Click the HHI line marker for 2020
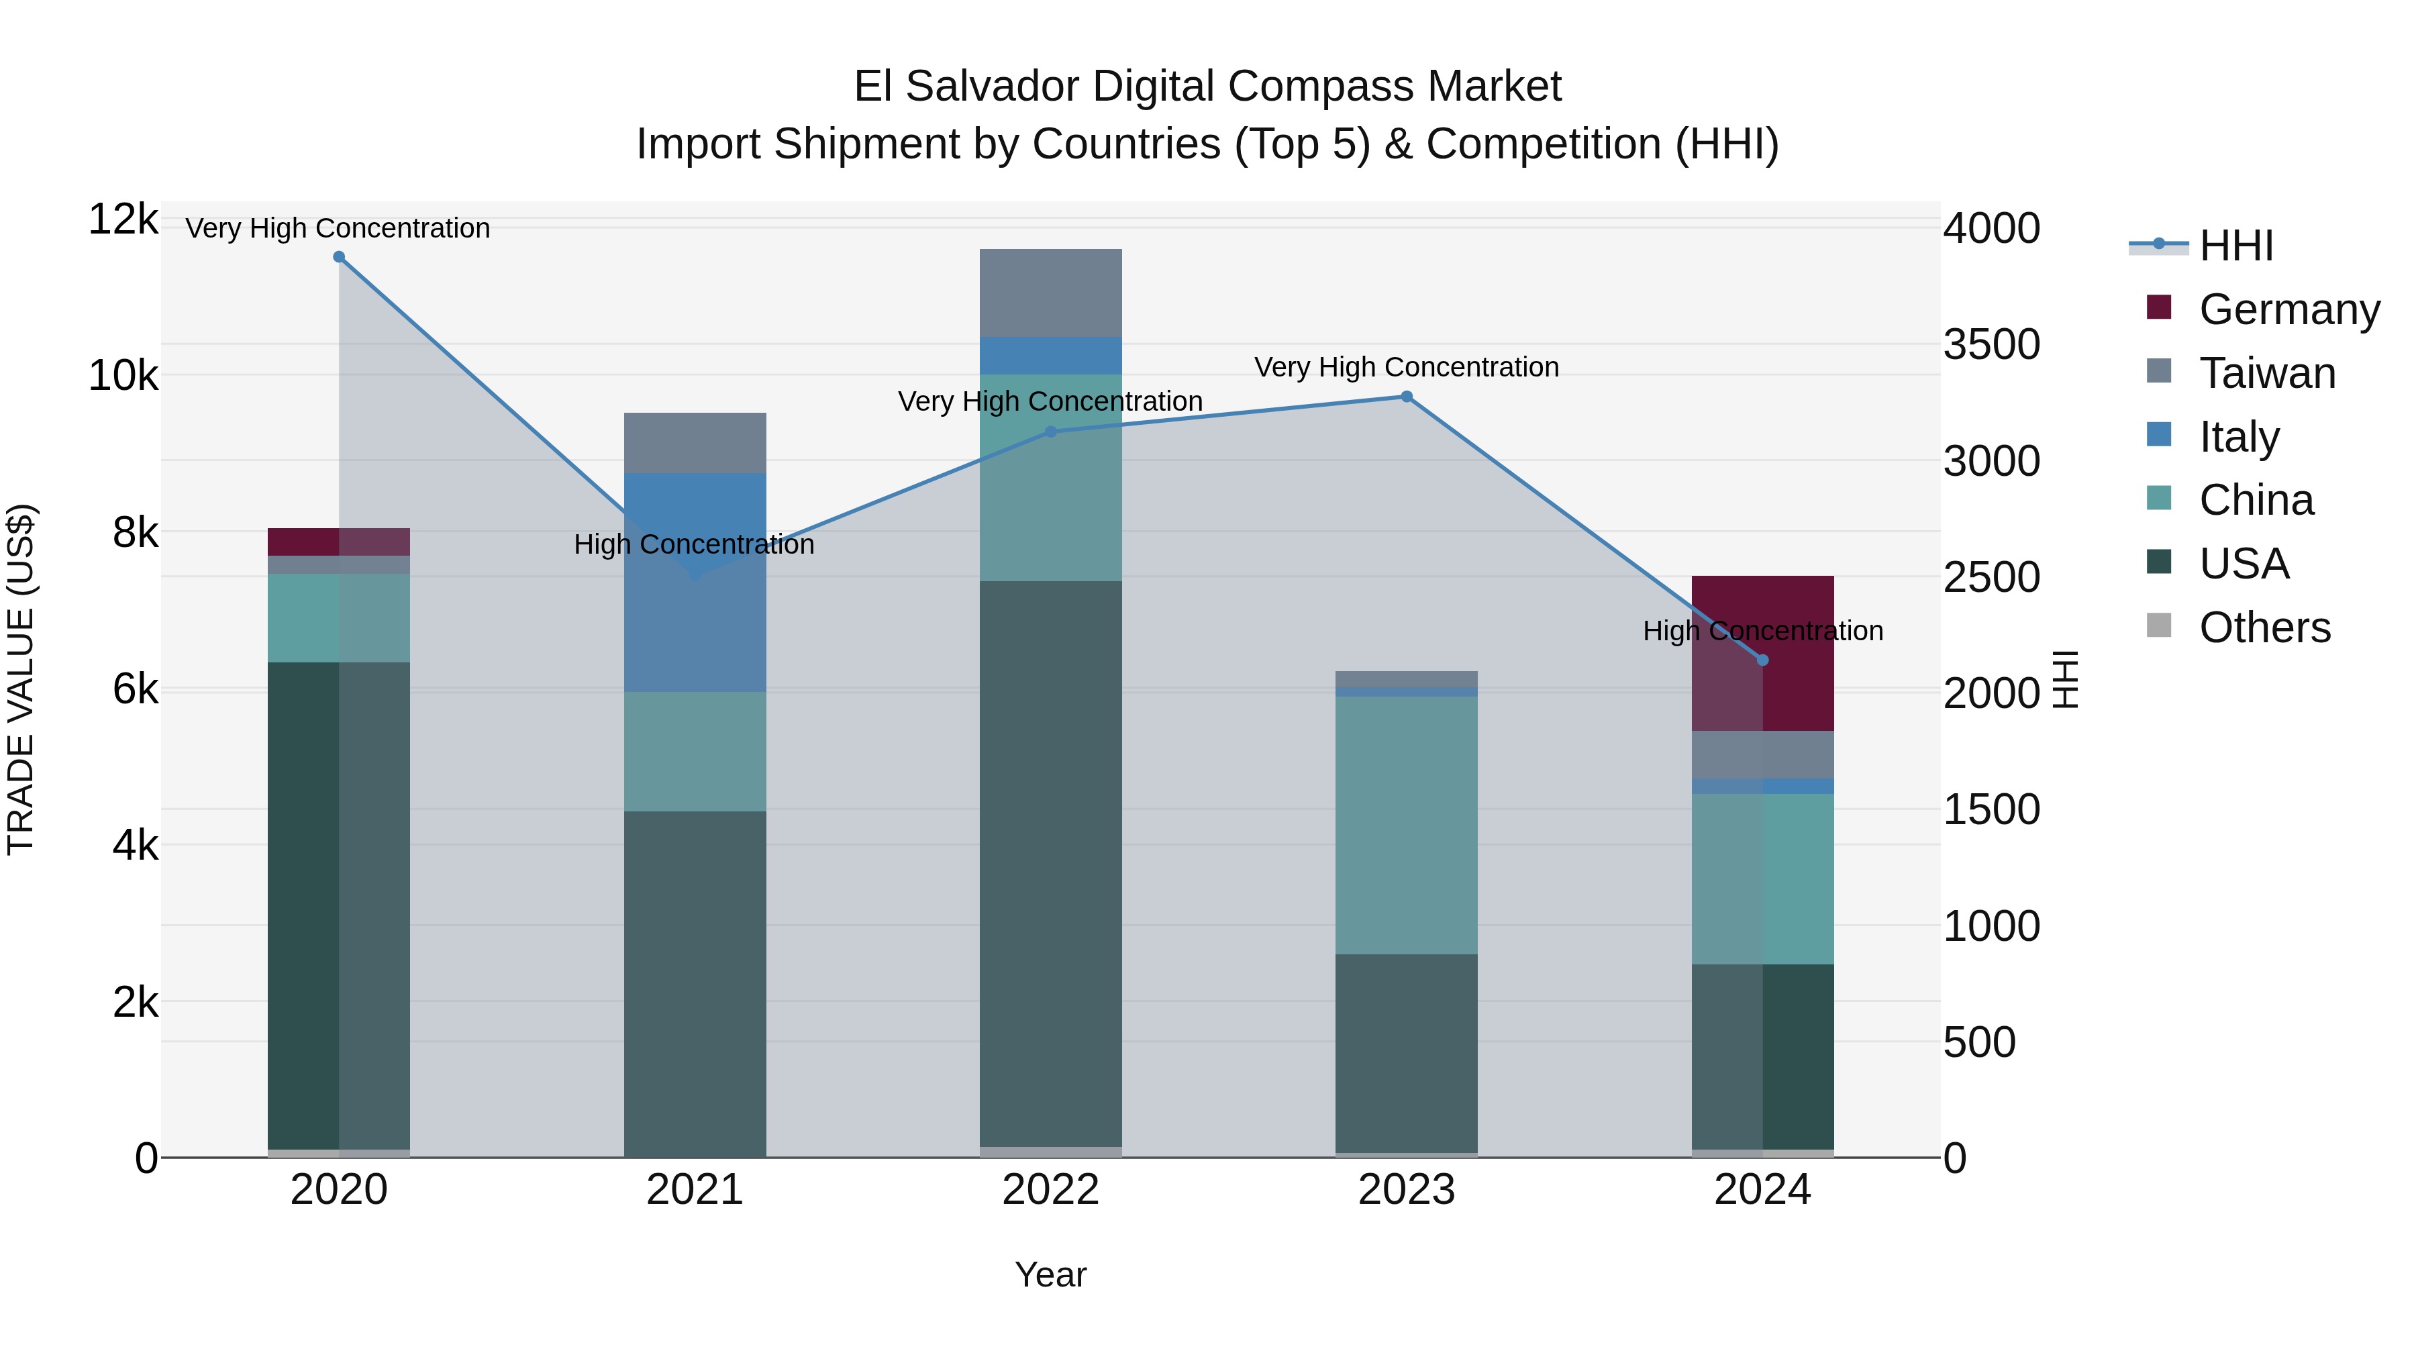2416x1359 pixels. click(339, 257)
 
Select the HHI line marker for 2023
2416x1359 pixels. click(1406, 397)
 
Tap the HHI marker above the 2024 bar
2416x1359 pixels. click(1762, 660)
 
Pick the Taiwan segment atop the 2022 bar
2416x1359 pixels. click(1050, 293)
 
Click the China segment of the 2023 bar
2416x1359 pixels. click(1406, 825)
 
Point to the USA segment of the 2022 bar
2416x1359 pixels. click(1050, 863)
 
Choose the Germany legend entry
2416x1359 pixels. click(2288, 309)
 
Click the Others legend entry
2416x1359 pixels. click(2264, 627)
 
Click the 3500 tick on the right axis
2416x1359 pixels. click(1991, 344)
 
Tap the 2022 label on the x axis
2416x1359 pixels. click(1050, 1190)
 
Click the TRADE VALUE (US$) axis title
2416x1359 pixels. click(21, 679)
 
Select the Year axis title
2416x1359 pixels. click(1050, 1274)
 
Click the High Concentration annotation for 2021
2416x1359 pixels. click(694, 544)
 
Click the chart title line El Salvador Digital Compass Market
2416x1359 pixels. click(1207, 87)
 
